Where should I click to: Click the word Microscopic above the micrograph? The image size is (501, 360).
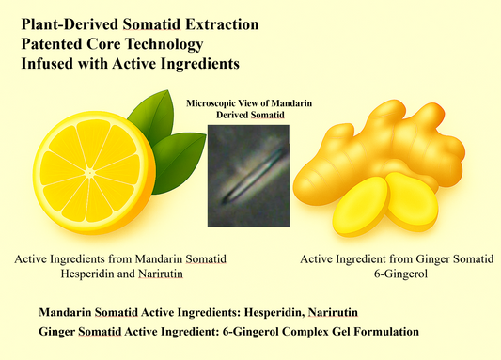(215, 102)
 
